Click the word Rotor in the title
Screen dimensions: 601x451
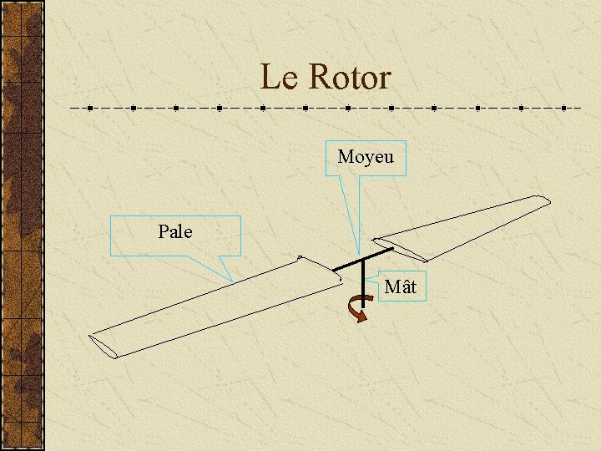[x=349, y=78]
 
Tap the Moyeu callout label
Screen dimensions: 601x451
[x=366, y=157]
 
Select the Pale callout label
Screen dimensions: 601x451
[x=175, y=232]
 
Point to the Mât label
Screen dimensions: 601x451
[x=400, y=288]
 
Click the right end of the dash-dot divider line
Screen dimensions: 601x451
[x=580, y=108]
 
